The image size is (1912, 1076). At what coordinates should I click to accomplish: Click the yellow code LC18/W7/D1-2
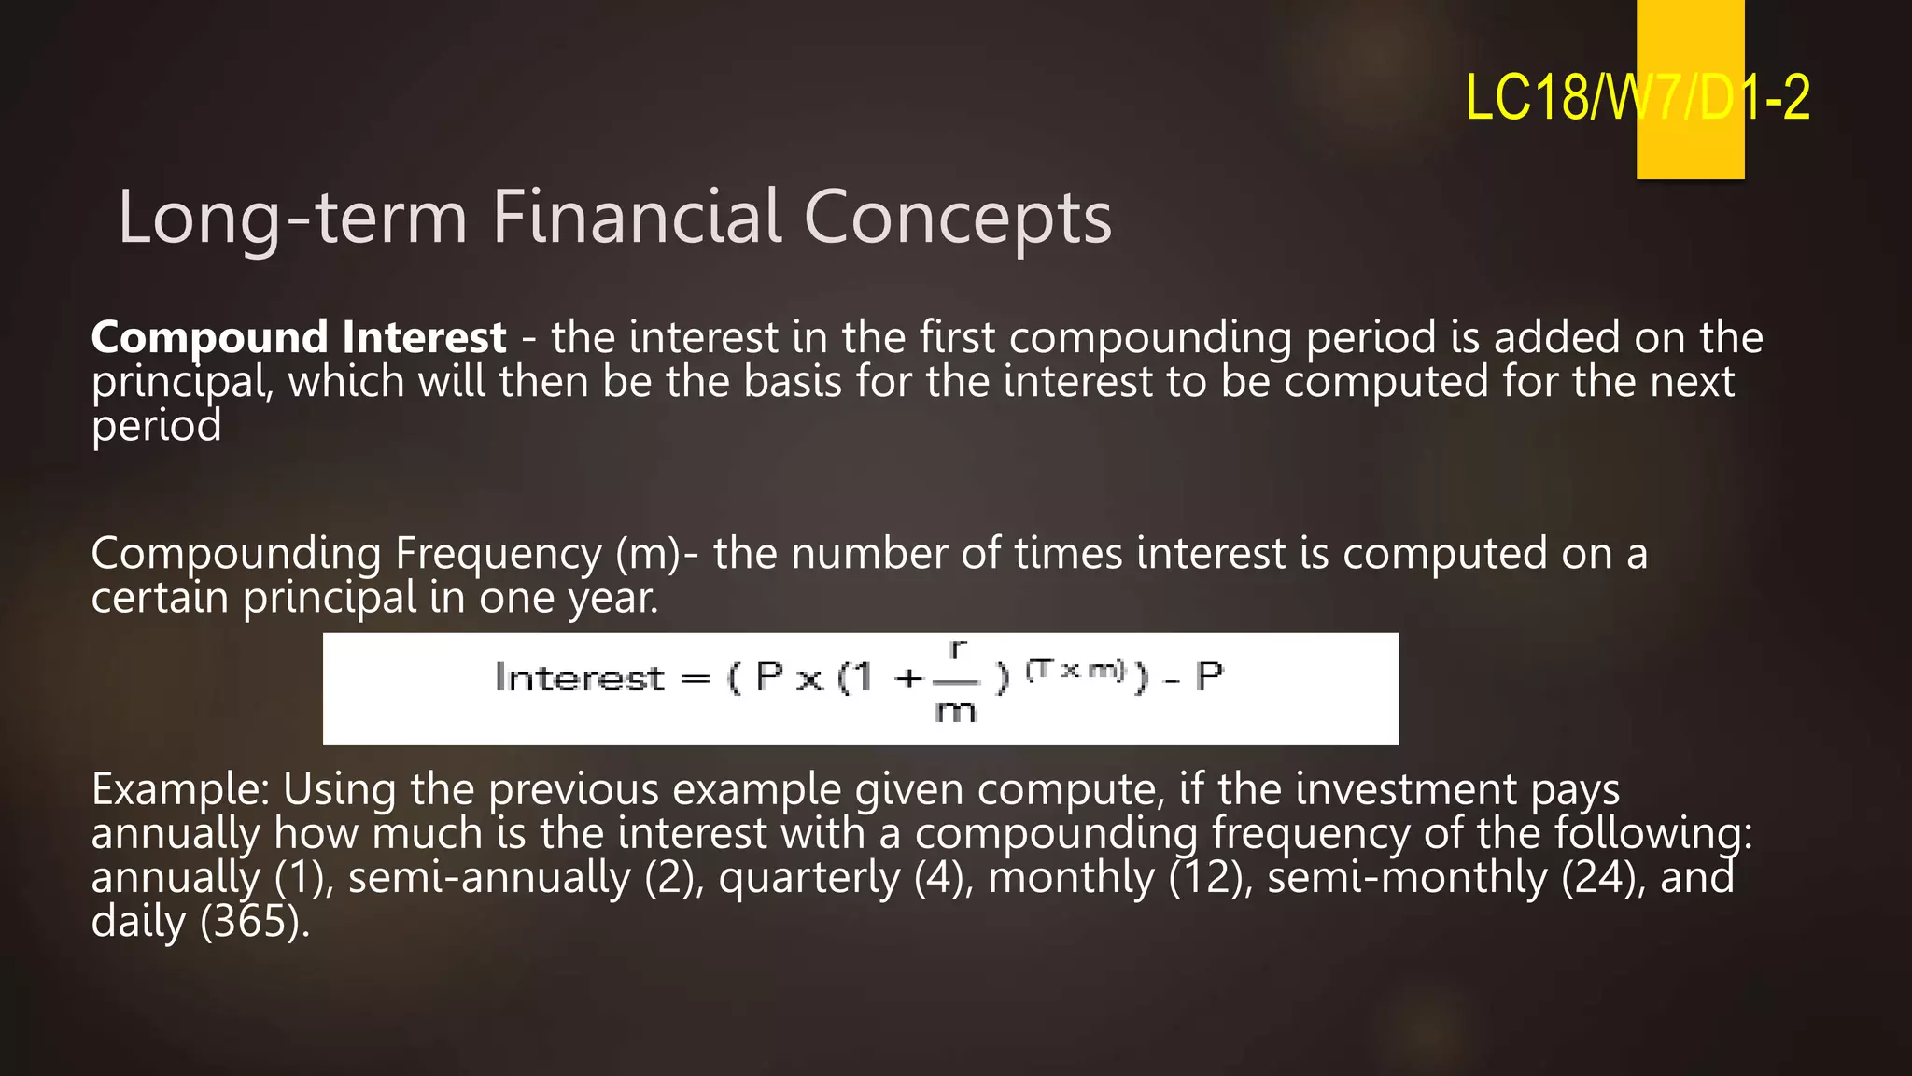1637,97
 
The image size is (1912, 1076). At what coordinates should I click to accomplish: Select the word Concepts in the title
957,218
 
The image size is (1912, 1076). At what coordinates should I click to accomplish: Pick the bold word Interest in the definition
424,337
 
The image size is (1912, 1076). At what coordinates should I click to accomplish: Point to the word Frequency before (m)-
499,554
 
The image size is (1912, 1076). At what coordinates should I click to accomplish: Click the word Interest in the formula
579,678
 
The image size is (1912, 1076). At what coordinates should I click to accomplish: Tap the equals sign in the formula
695,679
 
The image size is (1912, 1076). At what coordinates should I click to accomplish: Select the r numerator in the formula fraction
957,647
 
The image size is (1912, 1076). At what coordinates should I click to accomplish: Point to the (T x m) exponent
1076,670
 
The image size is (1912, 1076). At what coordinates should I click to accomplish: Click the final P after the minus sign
1209,675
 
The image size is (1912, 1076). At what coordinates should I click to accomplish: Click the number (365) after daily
254,922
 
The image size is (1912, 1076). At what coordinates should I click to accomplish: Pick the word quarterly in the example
808,878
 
